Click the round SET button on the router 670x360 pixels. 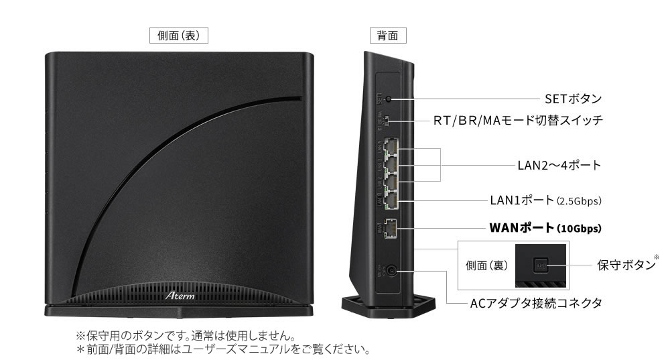click(x=389, y=99)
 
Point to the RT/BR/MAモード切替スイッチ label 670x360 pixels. click(x=518, y=121)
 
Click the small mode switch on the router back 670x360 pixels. click(x=389, y=121)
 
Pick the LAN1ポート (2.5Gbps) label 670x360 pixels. click(x=542, y=200)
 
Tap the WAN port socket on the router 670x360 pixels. click(x=392, y=229)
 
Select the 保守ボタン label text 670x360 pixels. click(x=625, y=264)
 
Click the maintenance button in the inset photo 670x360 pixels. click(x=541, y=265)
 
